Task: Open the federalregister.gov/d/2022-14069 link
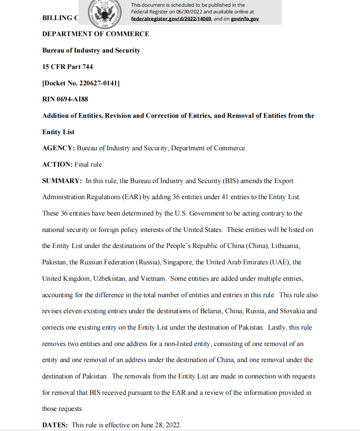[171, 19]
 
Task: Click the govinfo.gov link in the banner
[244, 19]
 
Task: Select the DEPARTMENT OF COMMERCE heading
[96, 34]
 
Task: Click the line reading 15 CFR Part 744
[67, 67]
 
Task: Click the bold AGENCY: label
[59, 148]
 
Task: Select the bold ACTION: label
[57, 164]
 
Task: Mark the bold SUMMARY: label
[62, 181]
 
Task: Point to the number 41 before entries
[225, 197]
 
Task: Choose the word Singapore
[179, 262]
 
